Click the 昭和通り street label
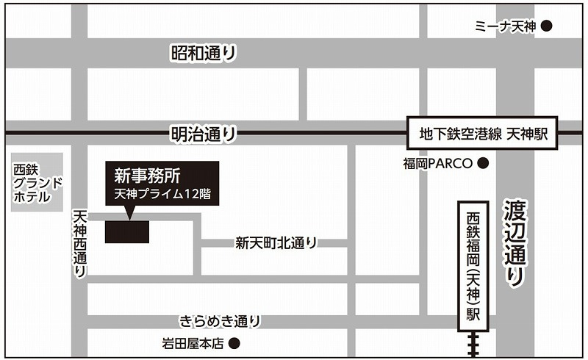click(x=204, y=53)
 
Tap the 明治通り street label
click(x=204, y=134)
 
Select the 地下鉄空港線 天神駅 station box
click(x=482, y=134)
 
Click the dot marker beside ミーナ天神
click(x=546, y=26)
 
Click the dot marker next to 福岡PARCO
click(x=483, y=163)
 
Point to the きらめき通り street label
click(x=220, y=320)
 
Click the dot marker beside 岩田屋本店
click(x=234, y=342)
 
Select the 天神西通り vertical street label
click(x=80, y=243)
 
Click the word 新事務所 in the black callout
click(x=143, y=176)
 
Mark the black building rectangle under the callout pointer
click(x=127, y=231)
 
